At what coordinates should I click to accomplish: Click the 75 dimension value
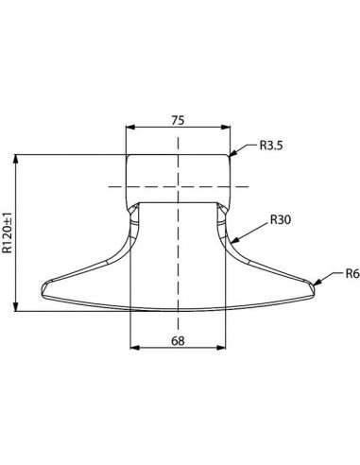(x=178, y=120)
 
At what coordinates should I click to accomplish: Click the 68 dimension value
(x=178, y=340)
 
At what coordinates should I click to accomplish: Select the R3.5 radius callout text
(x=271, y=146)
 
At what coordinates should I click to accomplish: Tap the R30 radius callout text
(x=281, y=219)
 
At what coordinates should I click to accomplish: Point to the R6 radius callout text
(x=352, y=274)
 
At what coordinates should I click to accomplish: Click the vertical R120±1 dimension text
(x=8, y=232)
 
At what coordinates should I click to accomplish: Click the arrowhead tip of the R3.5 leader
(x=229, y=156)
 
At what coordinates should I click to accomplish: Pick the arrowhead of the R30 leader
(x=231, y=243)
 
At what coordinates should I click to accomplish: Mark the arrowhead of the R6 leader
(x=314, y=285)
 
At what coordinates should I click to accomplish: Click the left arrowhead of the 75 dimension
(x=127, y=128)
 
